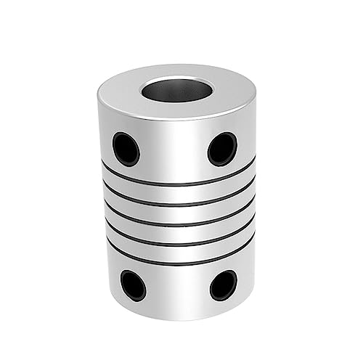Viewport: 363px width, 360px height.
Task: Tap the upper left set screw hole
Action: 126,149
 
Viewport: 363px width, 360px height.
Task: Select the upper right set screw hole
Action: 222,149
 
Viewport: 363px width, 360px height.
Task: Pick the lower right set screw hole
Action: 223,285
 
